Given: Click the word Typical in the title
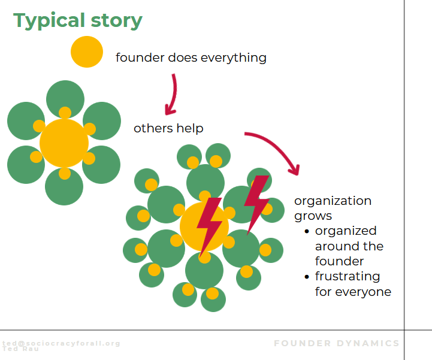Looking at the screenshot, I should point(50,20).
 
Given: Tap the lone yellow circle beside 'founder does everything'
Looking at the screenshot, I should point(87,52).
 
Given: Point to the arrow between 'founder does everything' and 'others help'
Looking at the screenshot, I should point(172,93).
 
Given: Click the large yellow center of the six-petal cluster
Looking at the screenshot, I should point(64,143).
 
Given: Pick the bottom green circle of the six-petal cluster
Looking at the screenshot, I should point(65,187).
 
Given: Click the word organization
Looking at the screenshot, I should point(333,201).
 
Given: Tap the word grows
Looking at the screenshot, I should point(313,216).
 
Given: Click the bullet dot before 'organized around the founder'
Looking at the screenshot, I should point(307,232).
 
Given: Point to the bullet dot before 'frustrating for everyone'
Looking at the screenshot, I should point(307,277).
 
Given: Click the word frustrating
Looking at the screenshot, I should point(348,277).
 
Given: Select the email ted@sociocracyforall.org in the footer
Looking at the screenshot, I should point(61,343).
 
